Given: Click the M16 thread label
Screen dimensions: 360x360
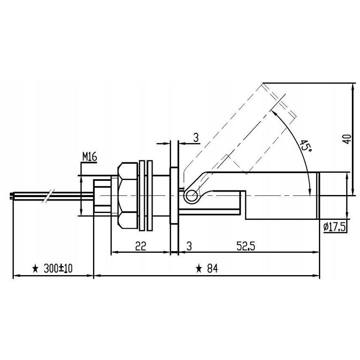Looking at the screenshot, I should pyautogui.click(x=90, y=157).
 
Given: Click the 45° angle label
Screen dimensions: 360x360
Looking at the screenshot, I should pyautogui.click(x=305, y=146).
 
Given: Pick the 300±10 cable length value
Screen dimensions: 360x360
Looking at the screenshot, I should pyautogui.click(x=59, y=268).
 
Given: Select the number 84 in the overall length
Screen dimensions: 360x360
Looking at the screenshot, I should pyautogui.click(x=212, y=268).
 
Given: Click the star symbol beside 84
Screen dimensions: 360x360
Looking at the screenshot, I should pyautogui.click(x=199, y=269).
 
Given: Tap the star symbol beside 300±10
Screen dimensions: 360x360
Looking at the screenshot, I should pyautogui.click(x=36, y=269).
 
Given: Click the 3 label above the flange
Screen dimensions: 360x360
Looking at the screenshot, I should pyautogui.click(x=195, y=138).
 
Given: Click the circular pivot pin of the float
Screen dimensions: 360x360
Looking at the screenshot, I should pyautogui.click(x=190, y=196).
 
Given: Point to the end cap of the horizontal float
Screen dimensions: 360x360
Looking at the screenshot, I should pyautogui.click(x=319, y=196).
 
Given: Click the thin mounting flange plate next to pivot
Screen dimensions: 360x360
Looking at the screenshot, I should pyautogui.click(x=174, y=195).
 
